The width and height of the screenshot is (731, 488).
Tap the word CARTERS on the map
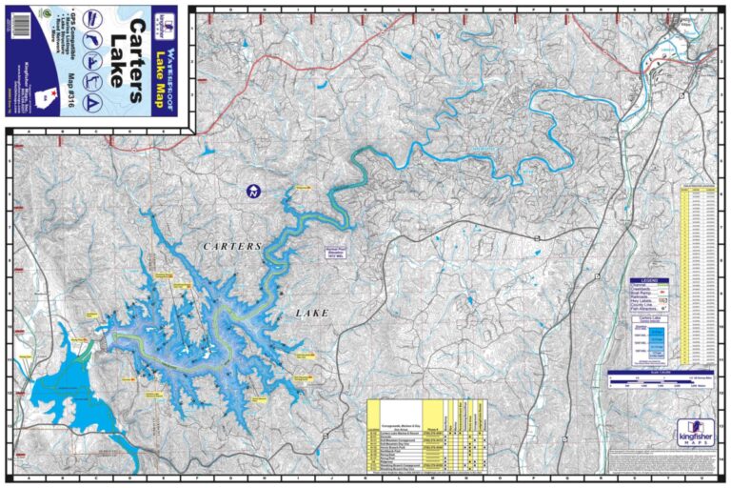pyautogui.click(x=231, y=247)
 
